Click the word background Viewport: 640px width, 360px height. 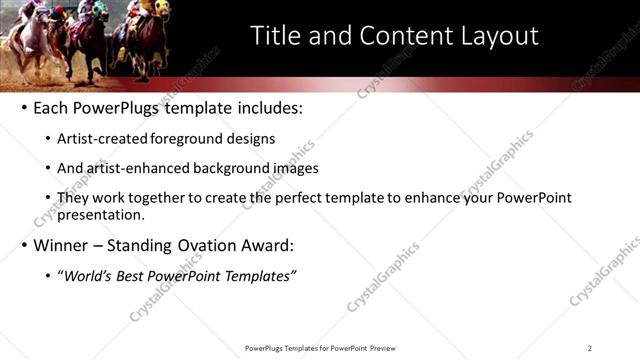click(x=234, y=169)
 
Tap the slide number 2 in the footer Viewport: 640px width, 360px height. click(x=589, y=348)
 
